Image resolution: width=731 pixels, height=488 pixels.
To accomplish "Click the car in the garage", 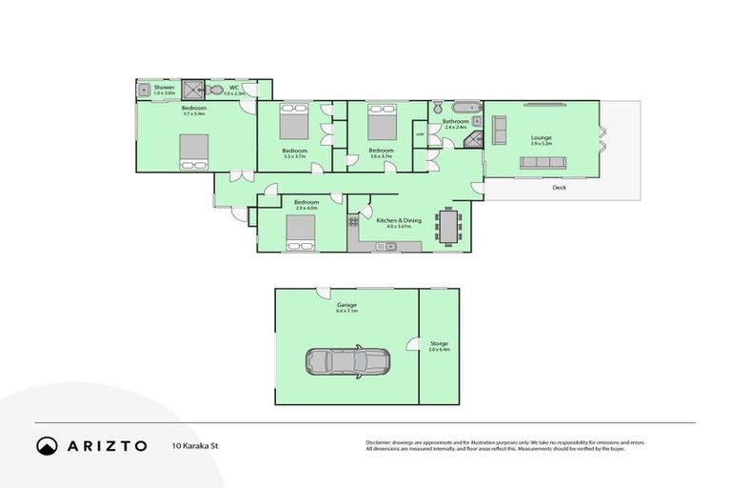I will point(346,361).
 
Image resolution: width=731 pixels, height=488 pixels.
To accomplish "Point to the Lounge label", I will point(541,138).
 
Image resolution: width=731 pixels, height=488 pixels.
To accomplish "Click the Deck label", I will point(560,188).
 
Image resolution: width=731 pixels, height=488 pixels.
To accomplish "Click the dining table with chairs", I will point(449,226).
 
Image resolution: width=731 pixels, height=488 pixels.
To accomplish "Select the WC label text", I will point(233,88).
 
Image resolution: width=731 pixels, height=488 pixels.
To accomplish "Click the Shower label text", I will point(165,88).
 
